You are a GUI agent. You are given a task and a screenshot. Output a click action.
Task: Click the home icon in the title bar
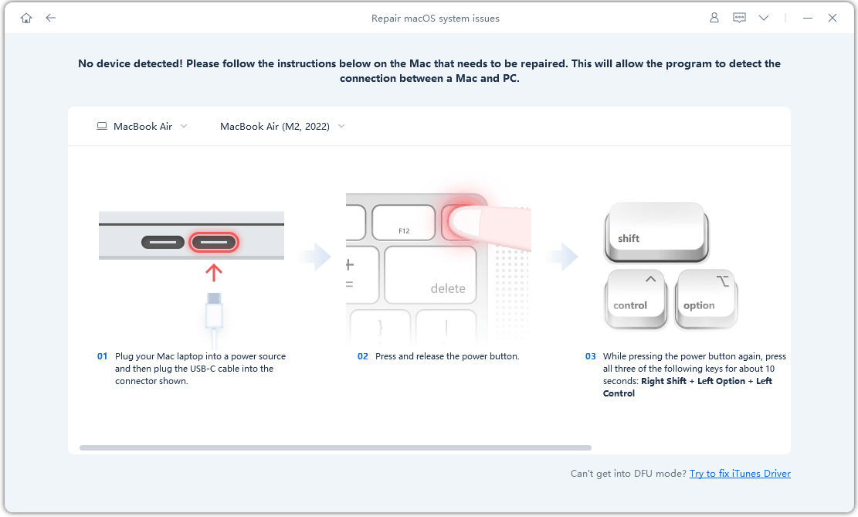pos(26,18)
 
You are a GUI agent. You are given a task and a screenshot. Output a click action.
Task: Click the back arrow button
pos(51,18)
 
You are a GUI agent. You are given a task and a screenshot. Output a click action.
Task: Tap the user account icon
pos(714,18)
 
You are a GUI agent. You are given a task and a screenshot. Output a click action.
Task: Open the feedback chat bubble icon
pos(739,18)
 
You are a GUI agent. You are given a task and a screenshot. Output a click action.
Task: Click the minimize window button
pos(808,18)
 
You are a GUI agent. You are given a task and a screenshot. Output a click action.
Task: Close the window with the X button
pos(833,18)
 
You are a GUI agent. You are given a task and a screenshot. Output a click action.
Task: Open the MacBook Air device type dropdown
pos(142,126)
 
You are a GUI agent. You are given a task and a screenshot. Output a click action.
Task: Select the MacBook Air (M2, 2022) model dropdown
pos(282,126)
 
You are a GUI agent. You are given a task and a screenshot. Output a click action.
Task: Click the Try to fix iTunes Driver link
pos(740,474)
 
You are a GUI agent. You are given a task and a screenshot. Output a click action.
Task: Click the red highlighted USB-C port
pos(214,242)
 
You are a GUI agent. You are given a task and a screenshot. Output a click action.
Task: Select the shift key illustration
pos(655,231)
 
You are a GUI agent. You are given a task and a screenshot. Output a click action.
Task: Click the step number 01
pos(102,356)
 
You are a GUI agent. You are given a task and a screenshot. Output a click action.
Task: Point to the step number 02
pos(363,356)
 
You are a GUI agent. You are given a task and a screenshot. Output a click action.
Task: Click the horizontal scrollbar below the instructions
pos(335,447)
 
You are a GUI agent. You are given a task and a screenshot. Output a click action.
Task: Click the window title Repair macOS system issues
pos(435,18)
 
